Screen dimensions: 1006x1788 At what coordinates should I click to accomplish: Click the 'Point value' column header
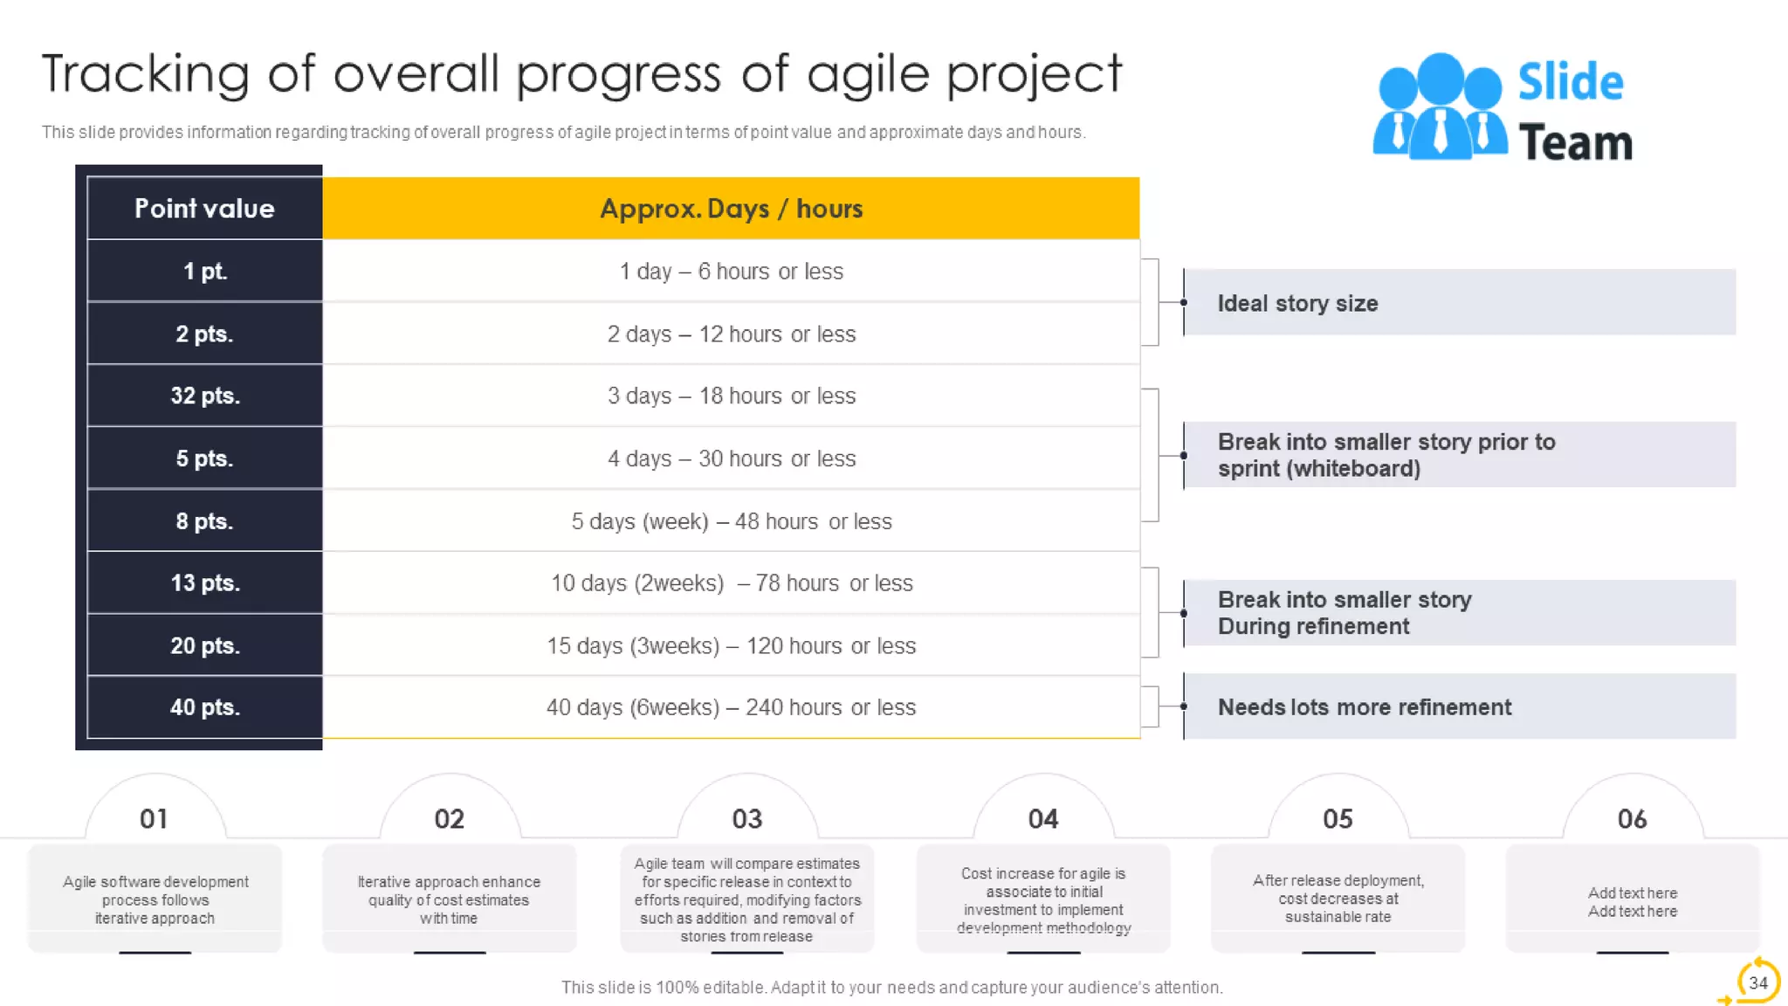coord(204,209)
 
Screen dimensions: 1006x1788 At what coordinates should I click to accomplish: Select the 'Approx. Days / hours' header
coord(731,209)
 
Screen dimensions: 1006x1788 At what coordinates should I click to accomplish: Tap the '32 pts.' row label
coord(204,396)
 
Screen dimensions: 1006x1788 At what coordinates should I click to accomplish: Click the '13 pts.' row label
coord(204,582)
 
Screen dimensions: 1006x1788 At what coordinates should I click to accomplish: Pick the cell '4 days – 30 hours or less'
coord(731,458)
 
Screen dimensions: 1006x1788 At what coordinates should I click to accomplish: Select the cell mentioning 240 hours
coord(731,707)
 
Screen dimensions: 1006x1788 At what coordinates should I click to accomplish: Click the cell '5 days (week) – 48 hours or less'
coord(731,521)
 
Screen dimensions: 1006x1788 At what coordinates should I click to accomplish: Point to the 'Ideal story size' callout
coord(1297,303)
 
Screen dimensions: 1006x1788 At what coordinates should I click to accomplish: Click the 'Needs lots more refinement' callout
coord(1364,707)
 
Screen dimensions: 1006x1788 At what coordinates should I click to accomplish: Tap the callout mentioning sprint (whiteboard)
coord(1386,455)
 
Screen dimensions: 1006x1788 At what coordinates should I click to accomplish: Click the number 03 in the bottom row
coord(746,819)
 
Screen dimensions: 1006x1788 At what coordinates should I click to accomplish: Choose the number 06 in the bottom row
coord(1632,819)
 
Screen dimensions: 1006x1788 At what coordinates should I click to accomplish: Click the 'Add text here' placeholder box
coord(1632,902)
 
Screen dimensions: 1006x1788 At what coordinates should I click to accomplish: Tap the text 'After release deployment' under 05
coord(1338,880)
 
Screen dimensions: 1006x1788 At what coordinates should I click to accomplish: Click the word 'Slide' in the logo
coord(1570,82)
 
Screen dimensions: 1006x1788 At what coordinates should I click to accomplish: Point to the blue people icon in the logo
coord(1439,107)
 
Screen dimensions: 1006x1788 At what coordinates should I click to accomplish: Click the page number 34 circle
coord(1757,982)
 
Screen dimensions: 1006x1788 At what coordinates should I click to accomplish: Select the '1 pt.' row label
coord(204,272)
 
